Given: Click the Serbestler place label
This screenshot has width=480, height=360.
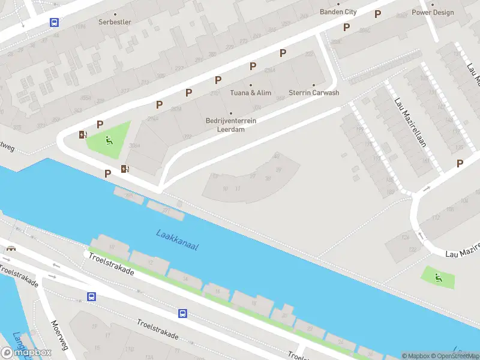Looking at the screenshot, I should (x=115, y=22).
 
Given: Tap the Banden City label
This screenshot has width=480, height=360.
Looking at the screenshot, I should (x=338, y=12).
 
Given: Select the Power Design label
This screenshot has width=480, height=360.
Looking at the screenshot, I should (x=433, y=12).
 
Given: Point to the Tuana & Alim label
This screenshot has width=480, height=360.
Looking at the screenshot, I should (x=251, y=92).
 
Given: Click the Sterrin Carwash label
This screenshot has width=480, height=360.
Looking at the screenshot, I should (x=314, y=92).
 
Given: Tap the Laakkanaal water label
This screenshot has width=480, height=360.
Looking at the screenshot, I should (x=177, y=240).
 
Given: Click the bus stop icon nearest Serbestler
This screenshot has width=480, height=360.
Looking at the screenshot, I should (x=54, y=22).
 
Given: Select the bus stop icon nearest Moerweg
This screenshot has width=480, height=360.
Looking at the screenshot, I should (x=92, y=296).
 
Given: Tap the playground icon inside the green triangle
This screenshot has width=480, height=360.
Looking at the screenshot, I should (x=109, y=141).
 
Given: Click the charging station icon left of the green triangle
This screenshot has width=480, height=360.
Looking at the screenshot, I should (x=82, y=134).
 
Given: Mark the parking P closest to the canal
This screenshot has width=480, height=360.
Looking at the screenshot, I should (x=108, y=174).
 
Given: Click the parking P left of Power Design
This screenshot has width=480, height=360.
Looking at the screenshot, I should (x=377, y=14).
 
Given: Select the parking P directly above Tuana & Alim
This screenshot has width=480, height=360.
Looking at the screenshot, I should (x=253, y=66).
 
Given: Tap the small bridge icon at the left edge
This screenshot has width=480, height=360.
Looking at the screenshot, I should (x=10, y=248).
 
